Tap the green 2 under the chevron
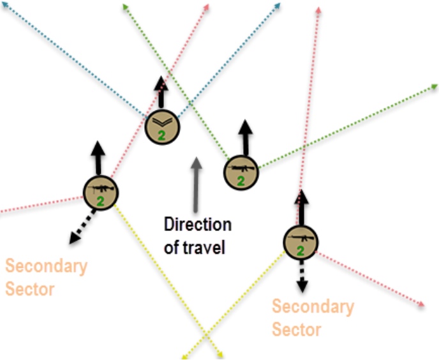click(x=161, y=136)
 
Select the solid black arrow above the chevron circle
click(x=161, y=92)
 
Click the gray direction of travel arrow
click(x=196, y=184)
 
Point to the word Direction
click(x=198, y=224)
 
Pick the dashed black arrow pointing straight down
click(x=302, y=276)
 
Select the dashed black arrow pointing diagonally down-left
click(x=82, y=227)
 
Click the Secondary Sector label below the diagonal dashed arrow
click(x=46, y=277)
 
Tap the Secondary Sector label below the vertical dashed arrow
click(x=313, y=317)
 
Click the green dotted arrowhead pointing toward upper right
click(x=435, y=87)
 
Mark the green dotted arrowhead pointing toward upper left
click(x=126, y=7)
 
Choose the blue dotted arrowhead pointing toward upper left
click(x=4, y=4)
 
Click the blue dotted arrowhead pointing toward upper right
click(x=277, y=6)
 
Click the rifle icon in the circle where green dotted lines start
click(x=241, y=169)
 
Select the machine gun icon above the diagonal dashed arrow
click(x=101, y=189)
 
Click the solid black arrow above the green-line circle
click(x=246, y=138)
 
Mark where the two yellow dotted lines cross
click(x=205, y=334)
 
